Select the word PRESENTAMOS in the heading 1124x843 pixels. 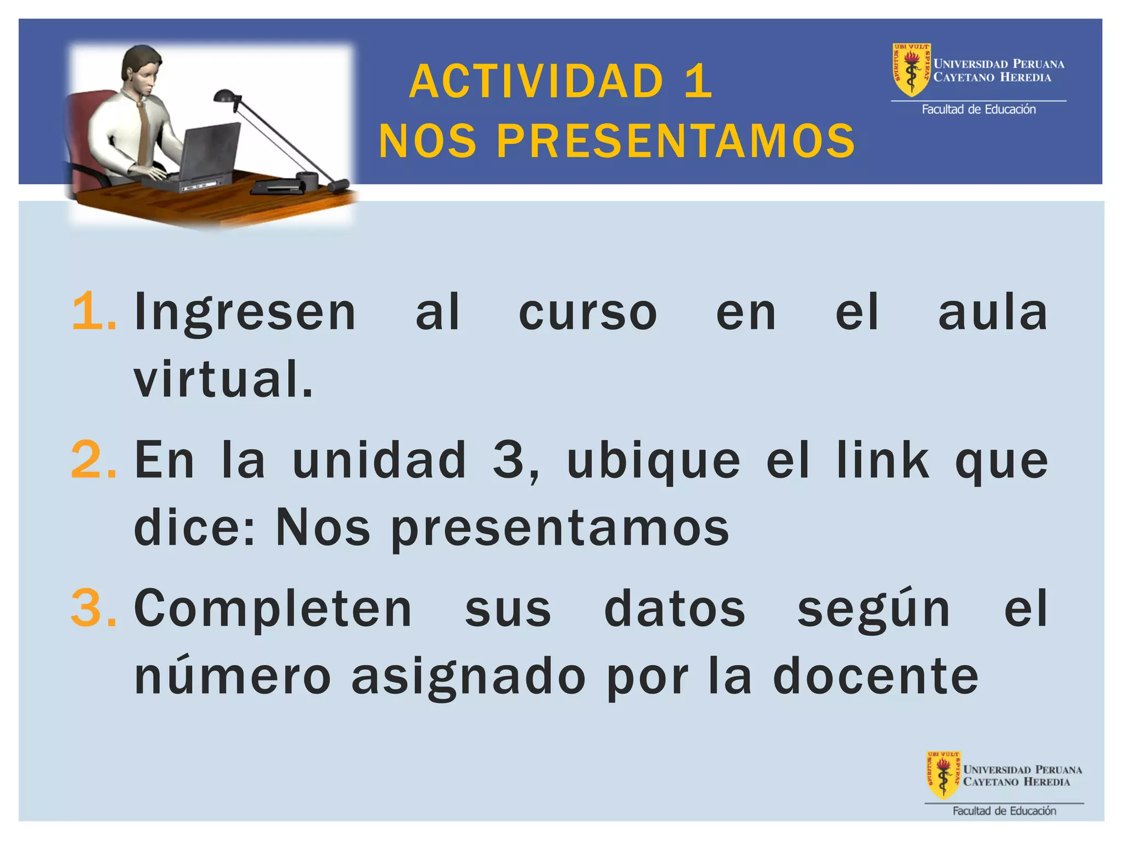(x=676, y=141)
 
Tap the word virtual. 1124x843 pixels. (x=223, y=379)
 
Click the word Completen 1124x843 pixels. (x=273, y=608)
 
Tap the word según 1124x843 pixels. (x=873, y=608)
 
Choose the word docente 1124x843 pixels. (x=875, y=676)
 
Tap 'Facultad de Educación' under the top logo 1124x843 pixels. (x=979, y=109)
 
